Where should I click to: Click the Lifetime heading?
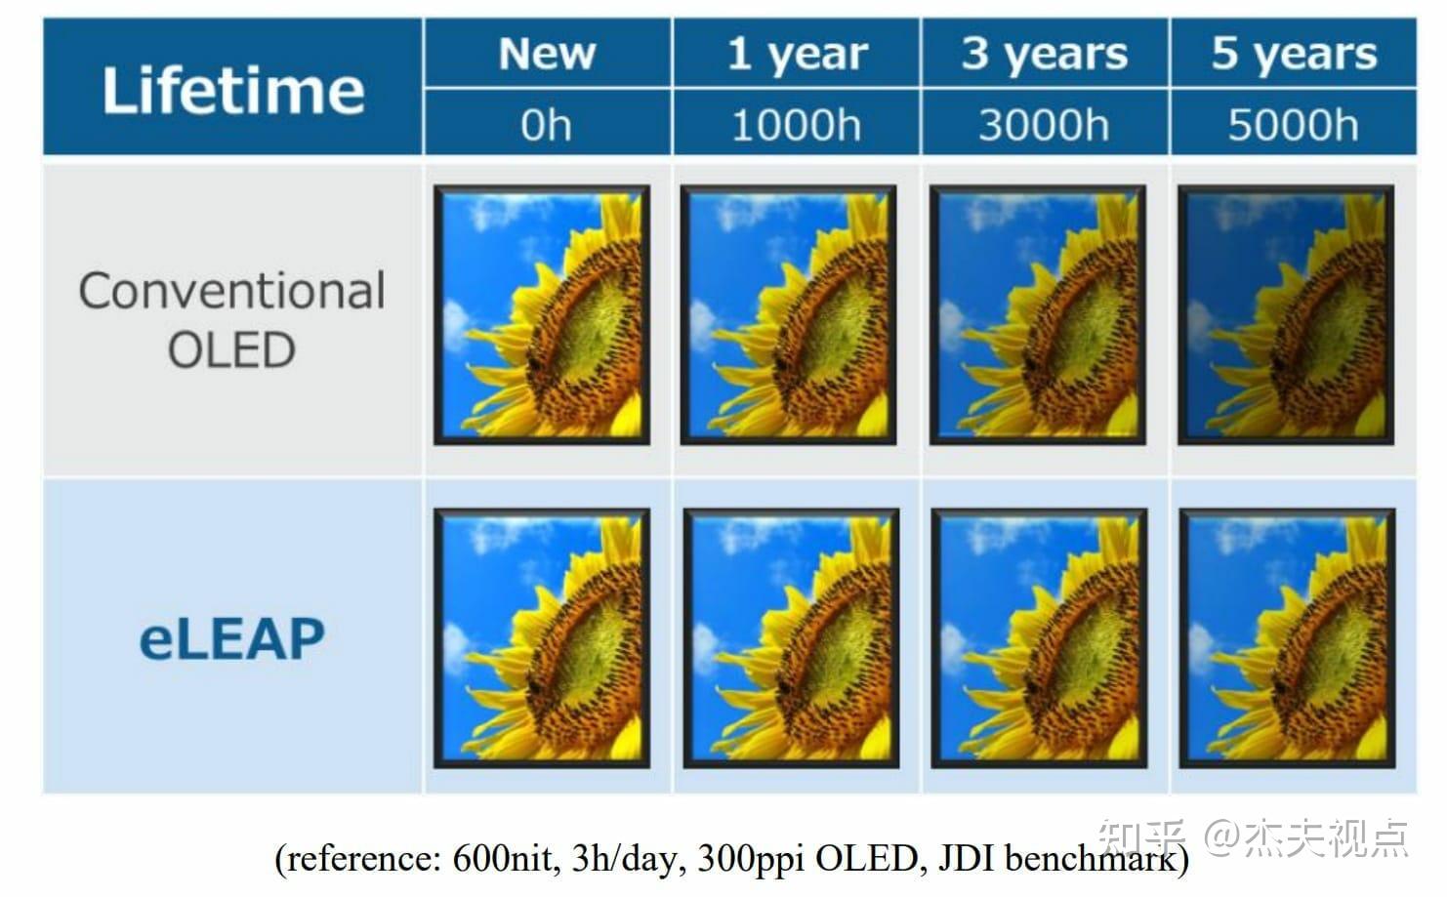coord(232,91)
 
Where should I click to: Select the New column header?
coord(547,54)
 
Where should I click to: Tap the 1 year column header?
coord(797,54)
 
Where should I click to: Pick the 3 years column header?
coord(1044,54)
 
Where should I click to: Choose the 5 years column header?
coord(1294,54)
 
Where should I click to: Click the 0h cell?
coord(547,125)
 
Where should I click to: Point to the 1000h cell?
coord(797,125)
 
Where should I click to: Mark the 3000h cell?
coord(1044,125)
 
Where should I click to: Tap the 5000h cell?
coord(1294,125)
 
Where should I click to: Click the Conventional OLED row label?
coord(232,319)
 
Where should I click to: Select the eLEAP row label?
coord(232,639)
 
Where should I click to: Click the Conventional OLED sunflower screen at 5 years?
coord(1286,315)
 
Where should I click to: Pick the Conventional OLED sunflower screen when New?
coord(542,315)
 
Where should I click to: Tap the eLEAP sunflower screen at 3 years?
coord(1040,637)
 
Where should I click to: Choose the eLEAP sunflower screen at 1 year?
coord(791,637)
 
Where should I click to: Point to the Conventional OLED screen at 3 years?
coord(1038,315)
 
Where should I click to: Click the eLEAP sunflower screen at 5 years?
coord(1288,637)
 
